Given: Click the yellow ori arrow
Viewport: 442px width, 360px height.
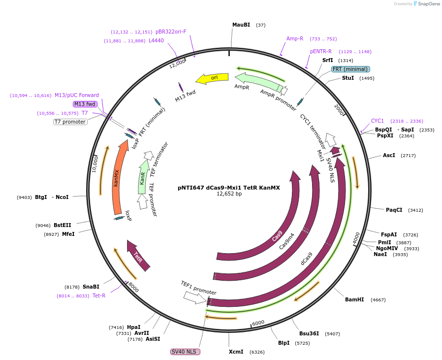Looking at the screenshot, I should tap(212, 78).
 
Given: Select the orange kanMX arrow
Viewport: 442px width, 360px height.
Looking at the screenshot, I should tap(117, 177).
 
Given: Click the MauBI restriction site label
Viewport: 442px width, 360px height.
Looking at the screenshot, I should tap(241, 25).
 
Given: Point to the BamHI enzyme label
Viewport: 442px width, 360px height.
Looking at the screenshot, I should tap(354, 299).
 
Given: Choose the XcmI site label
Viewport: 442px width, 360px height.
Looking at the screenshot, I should tap(236, 352).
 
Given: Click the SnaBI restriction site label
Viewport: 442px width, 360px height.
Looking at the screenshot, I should tap(91, 287).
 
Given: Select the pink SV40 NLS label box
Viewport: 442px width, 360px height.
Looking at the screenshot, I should tap(185, 352).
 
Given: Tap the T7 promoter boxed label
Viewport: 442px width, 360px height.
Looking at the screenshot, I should tap(70, 122).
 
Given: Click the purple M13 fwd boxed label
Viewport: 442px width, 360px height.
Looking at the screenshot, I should tap(85, 104).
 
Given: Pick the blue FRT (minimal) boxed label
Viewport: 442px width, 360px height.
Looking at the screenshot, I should tap(350, 69).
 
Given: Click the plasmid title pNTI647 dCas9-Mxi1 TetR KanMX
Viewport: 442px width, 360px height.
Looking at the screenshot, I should tap(228, 188).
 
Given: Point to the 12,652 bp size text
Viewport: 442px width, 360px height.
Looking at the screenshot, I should tap(229, 194).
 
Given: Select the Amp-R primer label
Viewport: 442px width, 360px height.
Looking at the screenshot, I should tap(295, 38).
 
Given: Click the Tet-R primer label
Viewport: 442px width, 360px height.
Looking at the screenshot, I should tap(99, 295).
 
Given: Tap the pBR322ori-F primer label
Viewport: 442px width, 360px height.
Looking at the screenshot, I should tap(171, 32).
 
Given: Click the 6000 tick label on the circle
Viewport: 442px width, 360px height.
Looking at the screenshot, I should tap(258, 323).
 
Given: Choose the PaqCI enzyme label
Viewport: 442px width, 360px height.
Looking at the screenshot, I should tap(394, 210).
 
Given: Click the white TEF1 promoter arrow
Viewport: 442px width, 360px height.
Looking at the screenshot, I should tap(193, 297).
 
